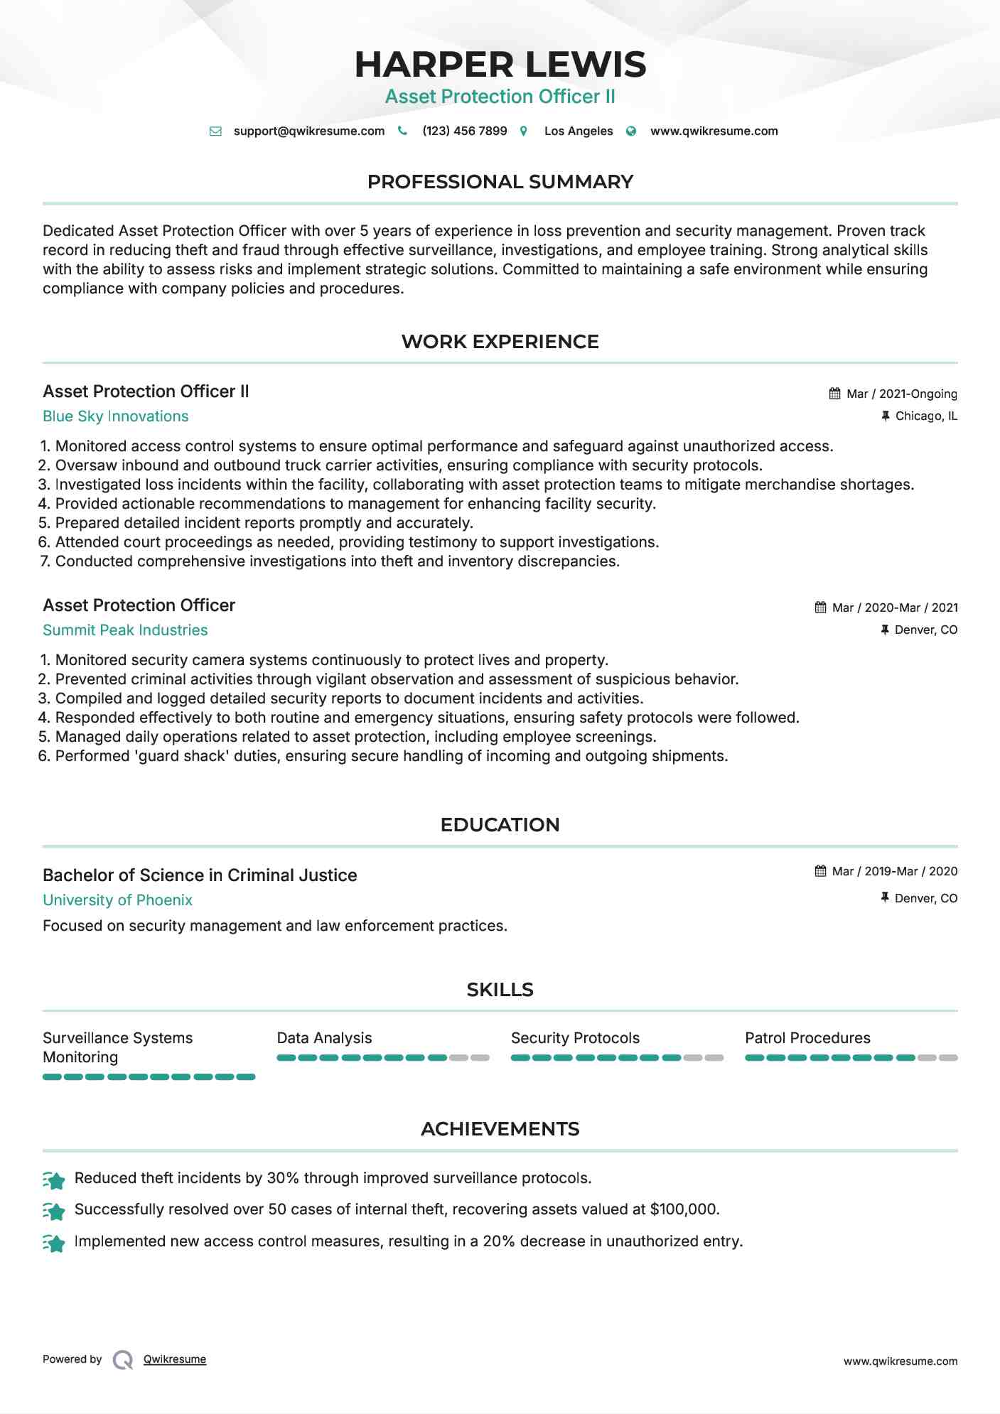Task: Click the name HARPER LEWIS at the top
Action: pos(500,65)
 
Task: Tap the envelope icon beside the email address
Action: pos(215,131)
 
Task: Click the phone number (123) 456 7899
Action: pos(464,131)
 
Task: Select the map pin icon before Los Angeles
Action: pos(524,131)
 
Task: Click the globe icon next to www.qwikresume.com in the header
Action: pos(631,131)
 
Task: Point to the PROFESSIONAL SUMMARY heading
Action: pos(500,182)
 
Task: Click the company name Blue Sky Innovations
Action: pos(115,416)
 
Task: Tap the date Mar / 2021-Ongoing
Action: pos(901,394)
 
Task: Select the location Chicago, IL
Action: pos(925,416)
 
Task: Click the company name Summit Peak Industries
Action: pos(125,630)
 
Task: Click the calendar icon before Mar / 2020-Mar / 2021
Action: pos(820,608)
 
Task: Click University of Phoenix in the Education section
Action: pos(117,900)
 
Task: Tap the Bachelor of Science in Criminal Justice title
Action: pos(200,875)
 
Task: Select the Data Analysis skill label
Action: pos(324,1038)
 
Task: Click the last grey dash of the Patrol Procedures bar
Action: pos(948,1058)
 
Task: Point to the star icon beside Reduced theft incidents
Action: pos(54,1180)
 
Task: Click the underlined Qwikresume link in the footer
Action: pos(175,1359)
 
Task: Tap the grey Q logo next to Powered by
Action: pos(122,1360)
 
